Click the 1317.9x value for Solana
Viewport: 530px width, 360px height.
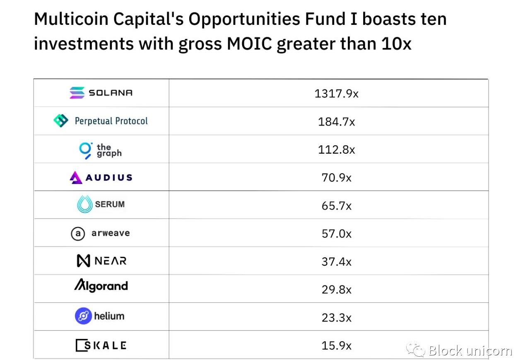(336, 94)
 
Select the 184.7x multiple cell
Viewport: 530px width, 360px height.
(336, 122)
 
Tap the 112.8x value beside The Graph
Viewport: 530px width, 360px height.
(336, 150)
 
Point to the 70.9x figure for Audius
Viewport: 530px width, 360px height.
(336, 178)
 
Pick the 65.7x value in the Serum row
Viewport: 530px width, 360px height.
(336, 205)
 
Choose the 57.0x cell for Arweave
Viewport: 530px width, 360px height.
(336, 234)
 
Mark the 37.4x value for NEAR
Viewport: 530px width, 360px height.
(336, 261)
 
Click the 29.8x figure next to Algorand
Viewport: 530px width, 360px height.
(336, 290)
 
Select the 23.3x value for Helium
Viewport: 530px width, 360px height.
(336, 318)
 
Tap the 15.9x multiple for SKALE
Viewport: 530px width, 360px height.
(336, 346)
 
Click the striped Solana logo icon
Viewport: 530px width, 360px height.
(77, 93)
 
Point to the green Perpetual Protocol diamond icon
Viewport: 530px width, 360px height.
(61, 121)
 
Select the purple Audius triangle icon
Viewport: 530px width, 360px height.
(76, 178)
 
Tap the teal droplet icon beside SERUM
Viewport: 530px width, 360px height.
(84, 204)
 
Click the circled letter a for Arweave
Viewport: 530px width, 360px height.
(78, 234)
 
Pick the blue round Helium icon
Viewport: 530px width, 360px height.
(83, 317)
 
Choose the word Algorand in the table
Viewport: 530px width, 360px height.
(101, 285)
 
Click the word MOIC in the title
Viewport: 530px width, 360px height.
(250, 43)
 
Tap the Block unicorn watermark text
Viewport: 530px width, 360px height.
(470, 351)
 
